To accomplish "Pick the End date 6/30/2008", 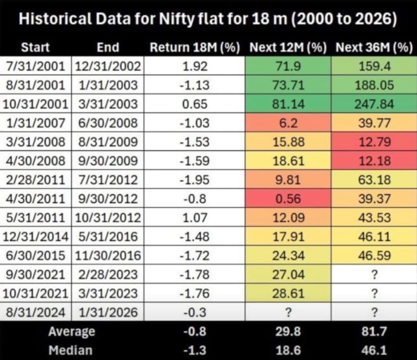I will click(x=108, y=123).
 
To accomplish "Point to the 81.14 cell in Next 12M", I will click(x=288, y=104).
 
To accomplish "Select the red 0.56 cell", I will click(x=288, y=199).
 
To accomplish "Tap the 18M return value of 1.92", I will click(x=195, y=66).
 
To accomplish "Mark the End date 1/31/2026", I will click(x=108, y=312).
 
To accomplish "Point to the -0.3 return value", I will click(x=195, y=312).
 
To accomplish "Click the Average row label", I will click(x=72, y=332).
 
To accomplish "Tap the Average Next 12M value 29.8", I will click(x=288, y=332).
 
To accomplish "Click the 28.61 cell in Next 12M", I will click(x=288, y=293).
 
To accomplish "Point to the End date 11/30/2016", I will click(x=108, y=255).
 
